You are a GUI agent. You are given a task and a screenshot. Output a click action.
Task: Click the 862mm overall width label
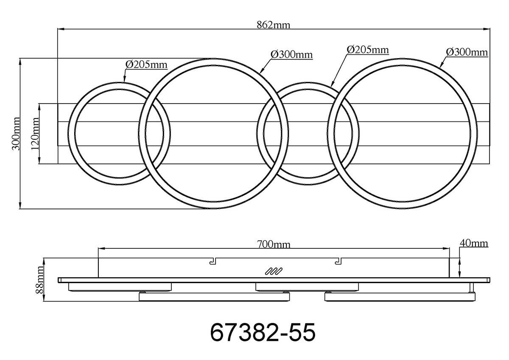pyautogui.click(x=274, y=25)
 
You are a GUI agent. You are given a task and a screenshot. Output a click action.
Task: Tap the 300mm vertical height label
pyautogui.click(x=16, y=133)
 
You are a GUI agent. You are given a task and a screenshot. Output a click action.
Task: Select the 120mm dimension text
pyautogui.click(x=35, y=134)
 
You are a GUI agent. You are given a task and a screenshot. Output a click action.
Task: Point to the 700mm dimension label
pyautogui.click(x=274, y=245)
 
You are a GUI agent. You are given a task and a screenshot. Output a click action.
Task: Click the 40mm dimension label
pyautogui.click(x=473, y=243)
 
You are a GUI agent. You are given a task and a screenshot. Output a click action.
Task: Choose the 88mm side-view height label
pyautogui.click(x=39, y=280)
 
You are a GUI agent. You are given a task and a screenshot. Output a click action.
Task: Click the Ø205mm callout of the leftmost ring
pyautogui.click(x=146, y=65)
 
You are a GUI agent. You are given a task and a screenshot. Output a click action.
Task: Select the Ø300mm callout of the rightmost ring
pyautogui.click(x=467, y=52)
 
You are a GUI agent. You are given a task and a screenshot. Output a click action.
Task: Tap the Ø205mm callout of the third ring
pyautogui.click(x=368, y=50)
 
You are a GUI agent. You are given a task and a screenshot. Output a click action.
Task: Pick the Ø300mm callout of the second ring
pyautogui.click(x=291, y=55)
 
